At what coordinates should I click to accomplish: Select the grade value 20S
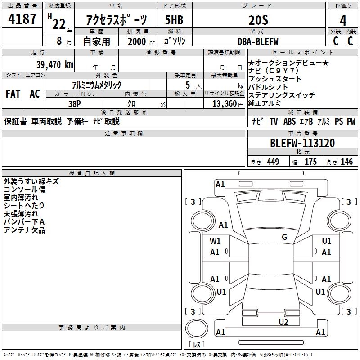[258, 20]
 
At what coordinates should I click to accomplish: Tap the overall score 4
[343, 20]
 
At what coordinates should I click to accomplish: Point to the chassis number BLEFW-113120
[302, 143]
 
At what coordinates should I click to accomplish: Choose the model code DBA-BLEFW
[258, 41]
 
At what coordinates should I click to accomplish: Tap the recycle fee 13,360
[222, 103]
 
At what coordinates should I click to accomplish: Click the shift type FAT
[13, 94]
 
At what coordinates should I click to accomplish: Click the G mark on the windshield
[284, 237]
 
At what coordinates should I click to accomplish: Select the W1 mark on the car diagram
[216, 241]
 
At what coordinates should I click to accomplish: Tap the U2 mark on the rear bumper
[283, 321]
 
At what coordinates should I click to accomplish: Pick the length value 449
[272, 162]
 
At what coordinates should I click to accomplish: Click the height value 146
[346, 162]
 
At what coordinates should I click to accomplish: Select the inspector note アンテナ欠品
[24, 230]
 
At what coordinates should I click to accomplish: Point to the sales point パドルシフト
[269, 87]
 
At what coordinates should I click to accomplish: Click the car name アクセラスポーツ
[117, 20]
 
